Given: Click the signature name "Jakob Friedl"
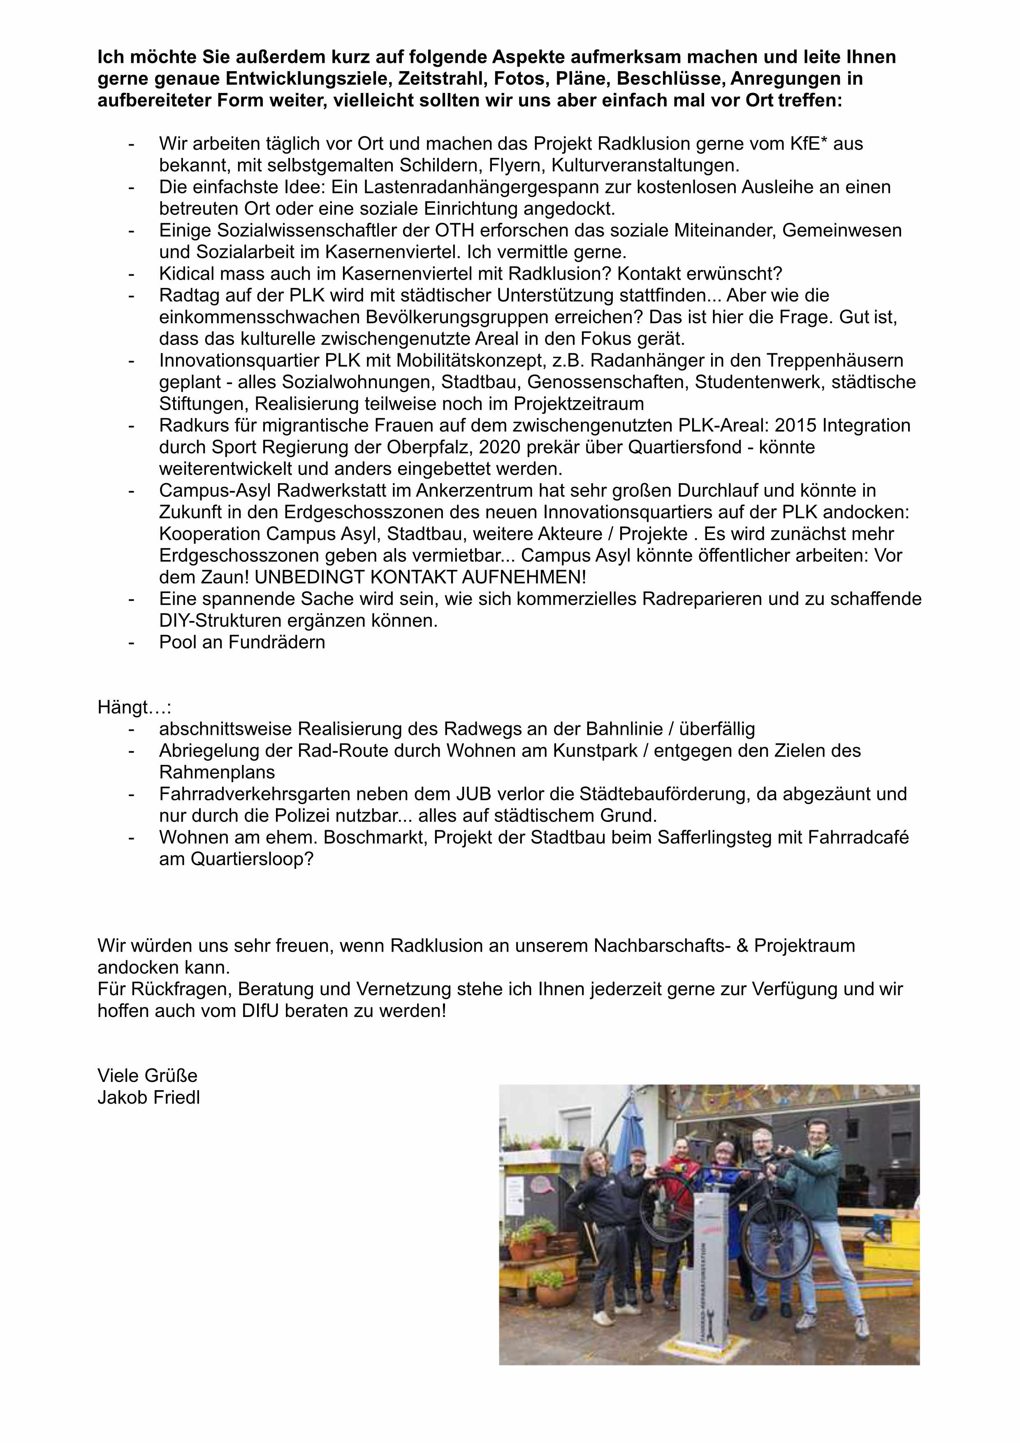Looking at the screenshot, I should click(x=148, y=1097).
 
